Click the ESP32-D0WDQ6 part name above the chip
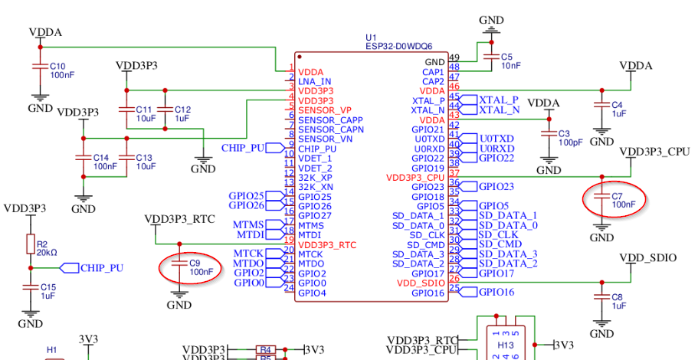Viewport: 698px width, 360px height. click(x=400, y=46)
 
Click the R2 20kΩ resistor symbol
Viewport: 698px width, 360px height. click(x=31, y=245)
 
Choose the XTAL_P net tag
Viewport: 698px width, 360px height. click(x=498, y=100)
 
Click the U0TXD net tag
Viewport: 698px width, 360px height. click(x=496, y=139)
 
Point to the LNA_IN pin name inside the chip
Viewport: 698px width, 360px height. click(x=315, y=81)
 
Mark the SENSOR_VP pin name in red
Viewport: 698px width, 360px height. click(x=325, y=110)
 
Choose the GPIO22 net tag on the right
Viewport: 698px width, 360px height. click(x=496, y=158)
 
